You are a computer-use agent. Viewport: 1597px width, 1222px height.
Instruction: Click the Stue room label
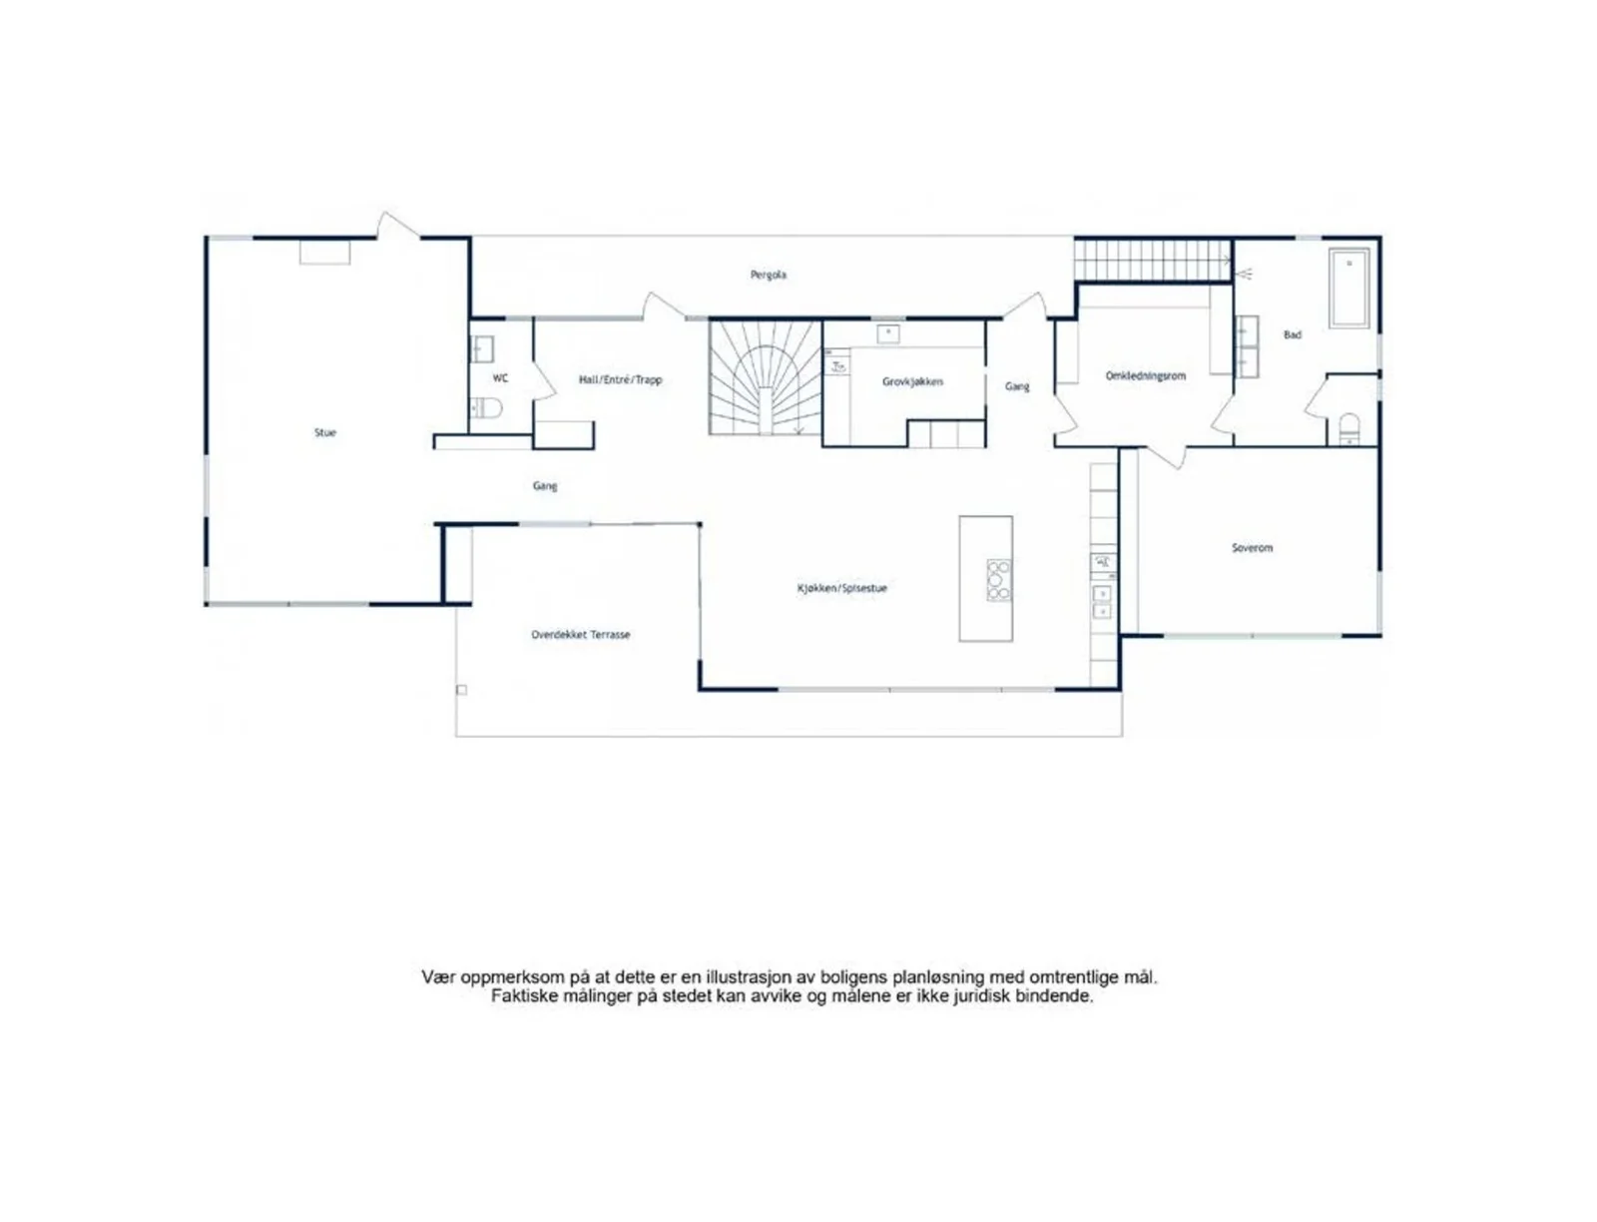(324, 432)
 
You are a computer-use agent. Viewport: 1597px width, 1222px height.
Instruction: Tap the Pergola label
(768, 276)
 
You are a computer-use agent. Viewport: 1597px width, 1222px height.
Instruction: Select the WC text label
(500, 378)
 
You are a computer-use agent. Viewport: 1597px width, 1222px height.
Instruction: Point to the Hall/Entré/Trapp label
(620, 379)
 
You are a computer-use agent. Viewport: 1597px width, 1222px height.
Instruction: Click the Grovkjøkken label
(911, 381)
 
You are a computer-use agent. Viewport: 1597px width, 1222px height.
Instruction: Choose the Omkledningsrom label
(1145, 376)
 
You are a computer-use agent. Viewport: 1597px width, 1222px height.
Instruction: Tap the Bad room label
(1292, 334)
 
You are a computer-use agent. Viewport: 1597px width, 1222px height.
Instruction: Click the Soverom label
(1252, 548)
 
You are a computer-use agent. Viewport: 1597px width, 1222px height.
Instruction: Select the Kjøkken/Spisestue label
(841, 588)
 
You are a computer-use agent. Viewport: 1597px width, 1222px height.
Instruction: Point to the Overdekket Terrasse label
(580, 635)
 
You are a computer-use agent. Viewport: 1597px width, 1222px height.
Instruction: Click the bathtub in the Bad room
(1348, 289)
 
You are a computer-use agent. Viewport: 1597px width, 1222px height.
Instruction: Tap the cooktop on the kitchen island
(998, 580)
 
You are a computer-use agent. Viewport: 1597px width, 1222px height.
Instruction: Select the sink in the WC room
(480, 348)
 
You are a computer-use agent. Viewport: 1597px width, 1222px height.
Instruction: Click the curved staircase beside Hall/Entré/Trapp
(765, 378)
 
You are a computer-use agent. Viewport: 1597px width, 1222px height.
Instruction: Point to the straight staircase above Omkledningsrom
(1153, 261)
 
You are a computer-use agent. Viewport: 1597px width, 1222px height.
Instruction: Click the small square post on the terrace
(461, 689)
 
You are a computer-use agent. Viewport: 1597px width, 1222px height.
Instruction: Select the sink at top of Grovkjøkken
(887, 333)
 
